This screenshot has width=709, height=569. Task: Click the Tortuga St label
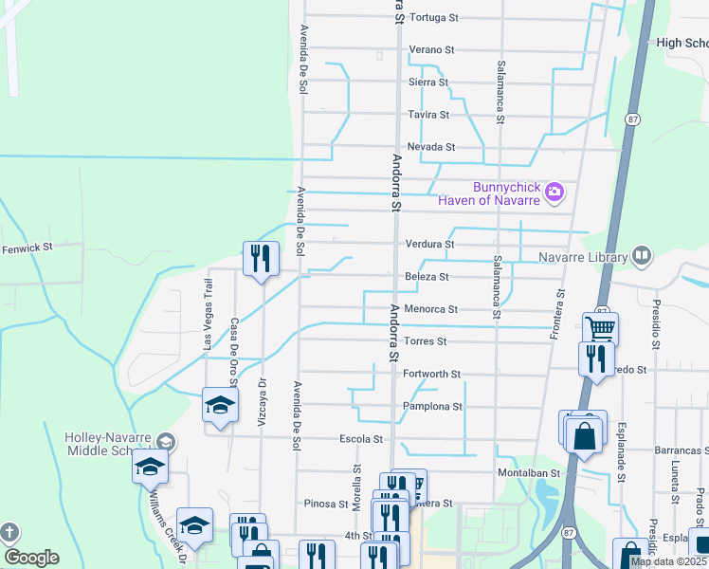click(434, 17)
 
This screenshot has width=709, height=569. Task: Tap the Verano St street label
click(432, 49)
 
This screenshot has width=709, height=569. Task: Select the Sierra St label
click(427, 83)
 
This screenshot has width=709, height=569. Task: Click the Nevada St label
click(431, 147)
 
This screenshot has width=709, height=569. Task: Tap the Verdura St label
click(429, 244)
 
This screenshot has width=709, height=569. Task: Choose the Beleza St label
click(427, 276)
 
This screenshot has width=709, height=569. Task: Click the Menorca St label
click(431, 309)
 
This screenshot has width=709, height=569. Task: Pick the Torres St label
click(425, 341)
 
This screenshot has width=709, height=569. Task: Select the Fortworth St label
click(431, 375)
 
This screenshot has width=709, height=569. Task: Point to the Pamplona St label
click(432, 407)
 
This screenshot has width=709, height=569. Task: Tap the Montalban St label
click(529, 472)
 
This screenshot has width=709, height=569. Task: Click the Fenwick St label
click(27, 248)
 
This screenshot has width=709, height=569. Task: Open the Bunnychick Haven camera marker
click(554, 193)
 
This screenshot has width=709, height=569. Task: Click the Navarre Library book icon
click(642, 256)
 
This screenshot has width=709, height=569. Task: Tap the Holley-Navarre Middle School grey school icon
click(166, 442)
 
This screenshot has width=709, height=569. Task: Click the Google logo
click(31, 558)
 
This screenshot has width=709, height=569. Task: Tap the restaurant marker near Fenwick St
click(261, 258)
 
